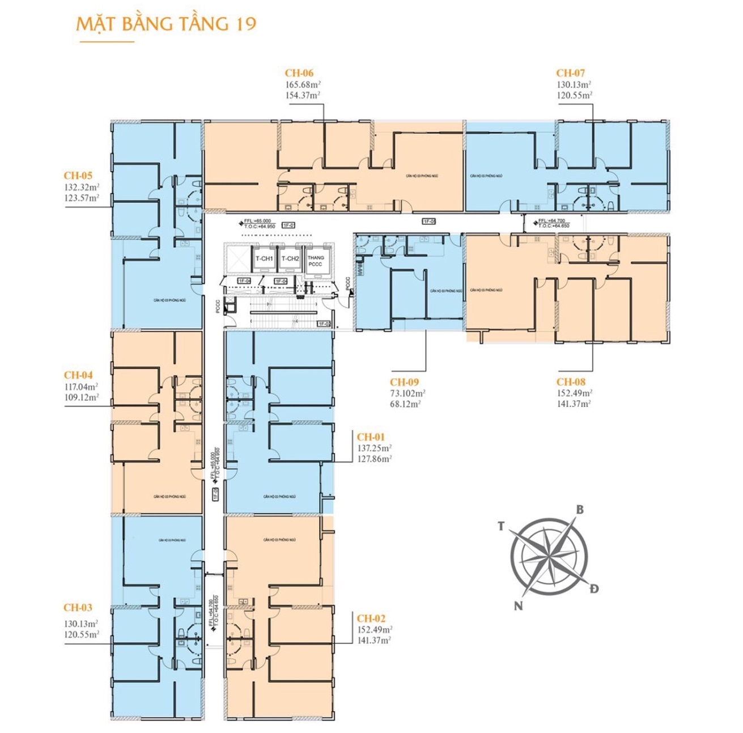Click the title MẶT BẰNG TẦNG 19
click(166, 24)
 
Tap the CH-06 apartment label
click(299, 73)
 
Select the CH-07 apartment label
click(570, 73)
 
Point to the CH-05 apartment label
click(78, 176)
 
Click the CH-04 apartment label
click(78, 375)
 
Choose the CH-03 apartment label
click(78, 608)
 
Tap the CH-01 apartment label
click(371, 437)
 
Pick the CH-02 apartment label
click(371, 618)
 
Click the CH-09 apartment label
click(404, 382)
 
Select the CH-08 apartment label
click(571, 382)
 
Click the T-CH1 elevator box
click(264, 259)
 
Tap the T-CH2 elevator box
click(290, 259)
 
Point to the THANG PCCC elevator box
click(316, 261)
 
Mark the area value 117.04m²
click(81, 387)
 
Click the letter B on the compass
click(580, 510)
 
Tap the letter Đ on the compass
click(594, 588)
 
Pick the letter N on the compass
click(518, 606)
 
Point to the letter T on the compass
click(501, 527)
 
